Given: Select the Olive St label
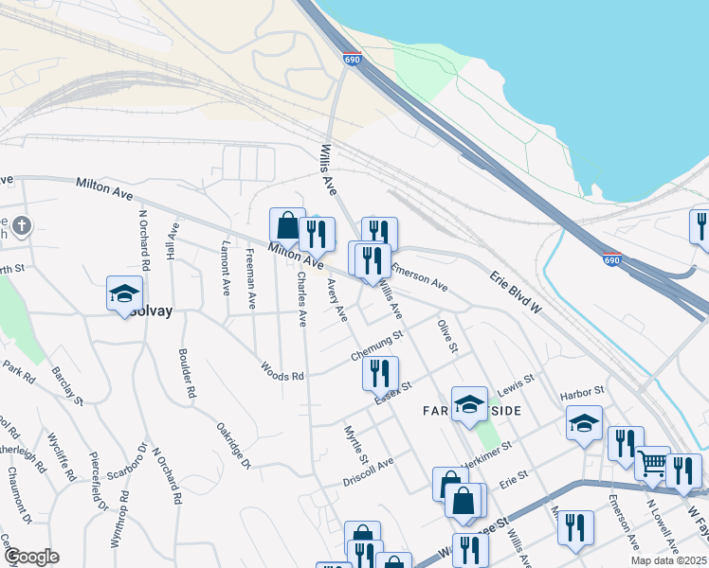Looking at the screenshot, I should pos(447,337).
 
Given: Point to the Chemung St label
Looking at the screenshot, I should pos(377,346).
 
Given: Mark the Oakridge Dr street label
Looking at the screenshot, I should pos(233,446).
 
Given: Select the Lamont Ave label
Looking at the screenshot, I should pos(226,267).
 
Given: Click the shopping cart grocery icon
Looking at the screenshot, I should pos(652,464).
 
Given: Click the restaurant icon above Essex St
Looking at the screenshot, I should pos(380,373).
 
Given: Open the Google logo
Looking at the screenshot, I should pos(31,557).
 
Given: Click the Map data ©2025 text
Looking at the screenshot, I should pos(669,560).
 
